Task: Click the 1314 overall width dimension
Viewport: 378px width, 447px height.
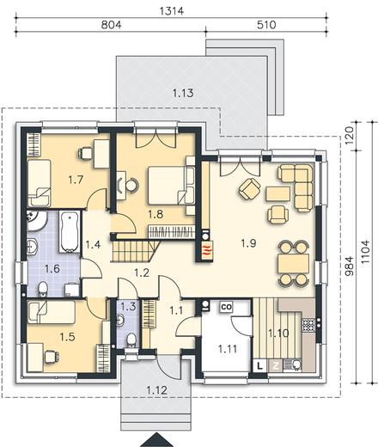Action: coord(172,11)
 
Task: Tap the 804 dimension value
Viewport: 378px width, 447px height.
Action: coord(112,25)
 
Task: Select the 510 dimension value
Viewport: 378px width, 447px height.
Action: coord(266,25)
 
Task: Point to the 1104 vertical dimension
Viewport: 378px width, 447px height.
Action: coord(366,252)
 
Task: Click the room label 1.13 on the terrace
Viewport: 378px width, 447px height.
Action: coord(183,93)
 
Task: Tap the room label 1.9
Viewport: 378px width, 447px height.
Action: coord(248,243)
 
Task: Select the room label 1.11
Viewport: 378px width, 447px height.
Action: coord(228,349)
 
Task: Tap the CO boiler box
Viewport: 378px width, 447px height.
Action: coord(226,307)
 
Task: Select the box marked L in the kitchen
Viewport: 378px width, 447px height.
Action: coord(260,365)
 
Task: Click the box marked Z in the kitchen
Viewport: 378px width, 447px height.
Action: coord(276,365)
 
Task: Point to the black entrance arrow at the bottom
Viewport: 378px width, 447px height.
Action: coord(156,440)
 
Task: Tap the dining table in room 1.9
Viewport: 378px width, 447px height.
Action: coord(294,263)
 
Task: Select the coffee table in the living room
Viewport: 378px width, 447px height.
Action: coord(278,194)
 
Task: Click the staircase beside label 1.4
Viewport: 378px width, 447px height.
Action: coord(135,251)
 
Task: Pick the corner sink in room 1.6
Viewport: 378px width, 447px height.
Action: coord(36,221)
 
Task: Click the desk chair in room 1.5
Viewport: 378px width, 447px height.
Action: coord(52,357)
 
